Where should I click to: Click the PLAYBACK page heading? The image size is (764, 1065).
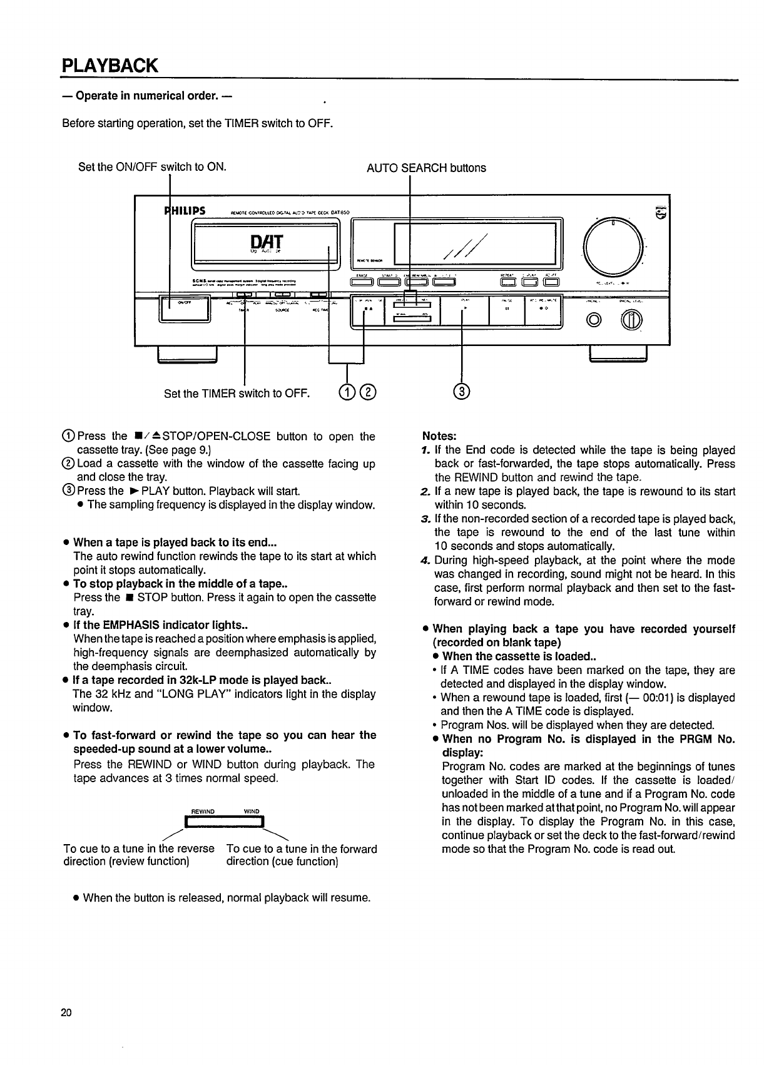(110, 65)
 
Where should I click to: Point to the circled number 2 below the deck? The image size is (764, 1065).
(369, 392)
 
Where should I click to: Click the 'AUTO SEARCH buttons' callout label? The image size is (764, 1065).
(425, 168)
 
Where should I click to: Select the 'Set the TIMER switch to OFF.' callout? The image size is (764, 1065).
(237, 394)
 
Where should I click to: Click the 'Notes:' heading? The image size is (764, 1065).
(439, 436)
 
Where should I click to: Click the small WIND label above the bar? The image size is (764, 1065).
(251, 812)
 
